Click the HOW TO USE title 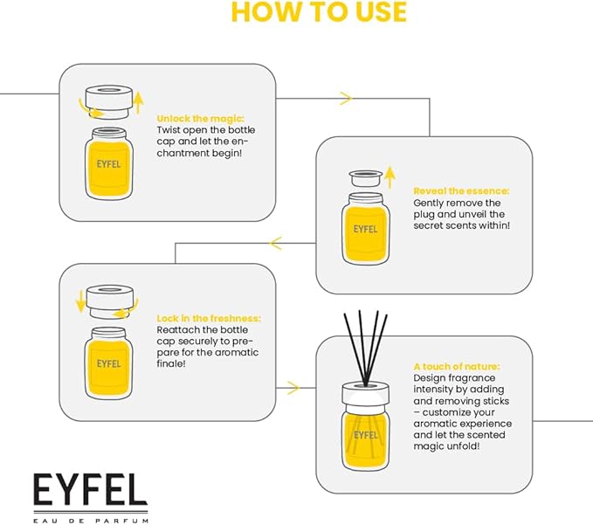[318, 12]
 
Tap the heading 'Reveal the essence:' [460, 190]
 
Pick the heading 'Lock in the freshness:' [209, 318]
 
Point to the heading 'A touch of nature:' [458, 367]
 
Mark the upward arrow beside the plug [390, 176]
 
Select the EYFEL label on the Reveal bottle [365, 231]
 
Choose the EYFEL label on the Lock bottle [109, 363]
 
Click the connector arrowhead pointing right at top [346, 99]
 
